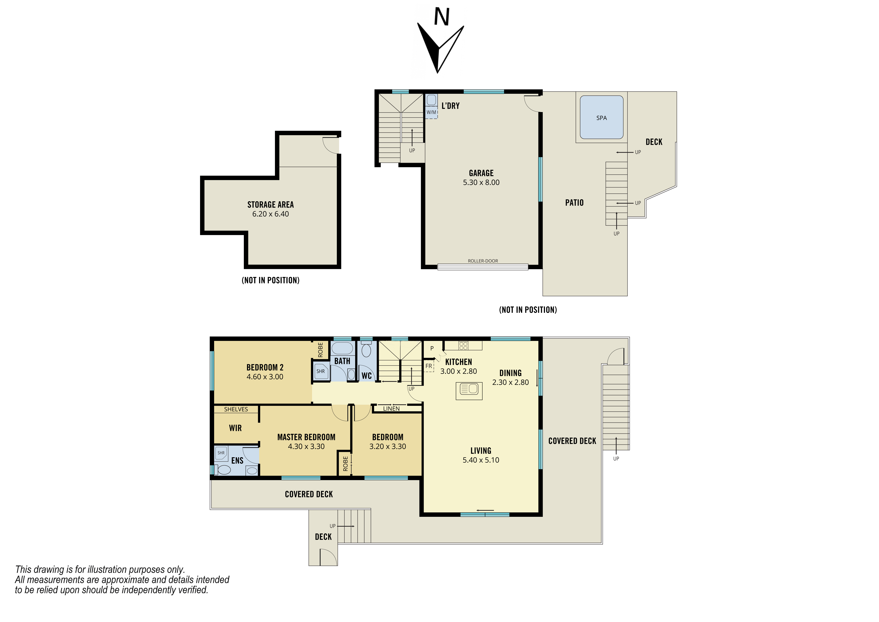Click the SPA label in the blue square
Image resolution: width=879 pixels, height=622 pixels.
(601, 118)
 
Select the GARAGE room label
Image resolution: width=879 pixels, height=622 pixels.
(481, 173)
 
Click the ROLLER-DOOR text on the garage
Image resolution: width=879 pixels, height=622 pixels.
(483, 261)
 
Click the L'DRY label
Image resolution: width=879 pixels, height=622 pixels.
(451, 106)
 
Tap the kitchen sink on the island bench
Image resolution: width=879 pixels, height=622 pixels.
(469, 389)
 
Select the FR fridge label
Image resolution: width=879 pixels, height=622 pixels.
(429, 366)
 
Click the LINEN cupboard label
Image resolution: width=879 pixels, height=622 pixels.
(391, 409)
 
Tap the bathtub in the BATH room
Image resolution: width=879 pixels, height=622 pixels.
(342, 348)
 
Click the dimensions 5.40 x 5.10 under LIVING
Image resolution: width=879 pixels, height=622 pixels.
(481, 460)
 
